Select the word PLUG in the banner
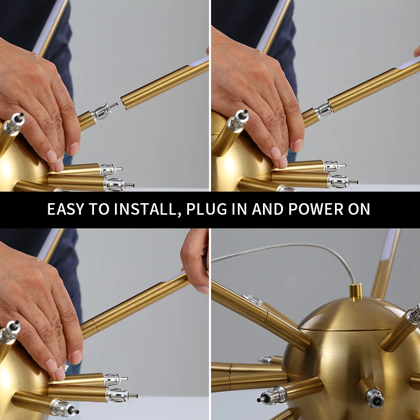(x=206, y=209)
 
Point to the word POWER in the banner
(x=316, y=209)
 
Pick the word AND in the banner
(x=268, y=209)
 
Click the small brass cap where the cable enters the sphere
(x=356, y=292)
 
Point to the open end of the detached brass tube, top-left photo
(x=124, y=103)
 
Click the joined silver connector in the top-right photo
(x=323, y=110)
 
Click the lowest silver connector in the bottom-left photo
(x=64, y=407)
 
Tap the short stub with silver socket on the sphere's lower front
(x=371, y=392)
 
